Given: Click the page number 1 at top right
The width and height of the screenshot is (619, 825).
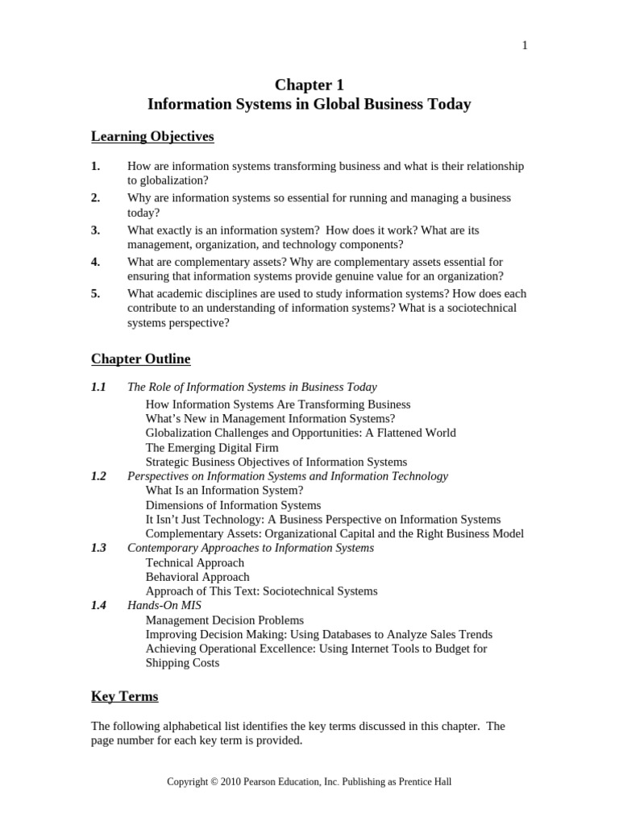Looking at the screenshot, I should click(525, 46).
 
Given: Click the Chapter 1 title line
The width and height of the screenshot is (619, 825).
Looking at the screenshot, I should click(309, 85).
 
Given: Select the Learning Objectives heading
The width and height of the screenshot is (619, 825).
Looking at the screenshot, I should click(152, 137).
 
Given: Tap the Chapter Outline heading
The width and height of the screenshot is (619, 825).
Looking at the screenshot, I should click(140, 359).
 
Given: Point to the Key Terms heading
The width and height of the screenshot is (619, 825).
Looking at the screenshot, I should click(124, 696).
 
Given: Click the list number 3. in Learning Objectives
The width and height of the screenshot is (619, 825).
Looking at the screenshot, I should click(96, 230).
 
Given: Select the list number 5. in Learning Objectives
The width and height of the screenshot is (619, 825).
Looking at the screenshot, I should click(96, 294).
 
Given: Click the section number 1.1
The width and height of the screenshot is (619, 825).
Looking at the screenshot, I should click(98, 388).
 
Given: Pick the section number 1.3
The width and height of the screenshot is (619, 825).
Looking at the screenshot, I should click(98, 548).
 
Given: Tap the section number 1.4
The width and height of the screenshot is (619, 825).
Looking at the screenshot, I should click(98, 605).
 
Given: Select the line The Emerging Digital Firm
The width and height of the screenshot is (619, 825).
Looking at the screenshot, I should click(212, 447).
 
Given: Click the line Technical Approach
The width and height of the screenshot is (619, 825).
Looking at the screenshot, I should click(194, 562).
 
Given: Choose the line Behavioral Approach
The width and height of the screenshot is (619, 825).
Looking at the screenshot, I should click(197, 577).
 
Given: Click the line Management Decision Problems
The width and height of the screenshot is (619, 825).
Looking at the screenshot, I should click(225, 620).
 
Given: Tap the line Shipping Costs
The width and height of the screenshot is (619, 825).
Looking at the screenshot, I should click(182, 663).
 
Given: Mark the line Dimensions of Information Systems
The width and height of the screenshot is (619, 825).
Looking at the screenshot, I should click(233, 505).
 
